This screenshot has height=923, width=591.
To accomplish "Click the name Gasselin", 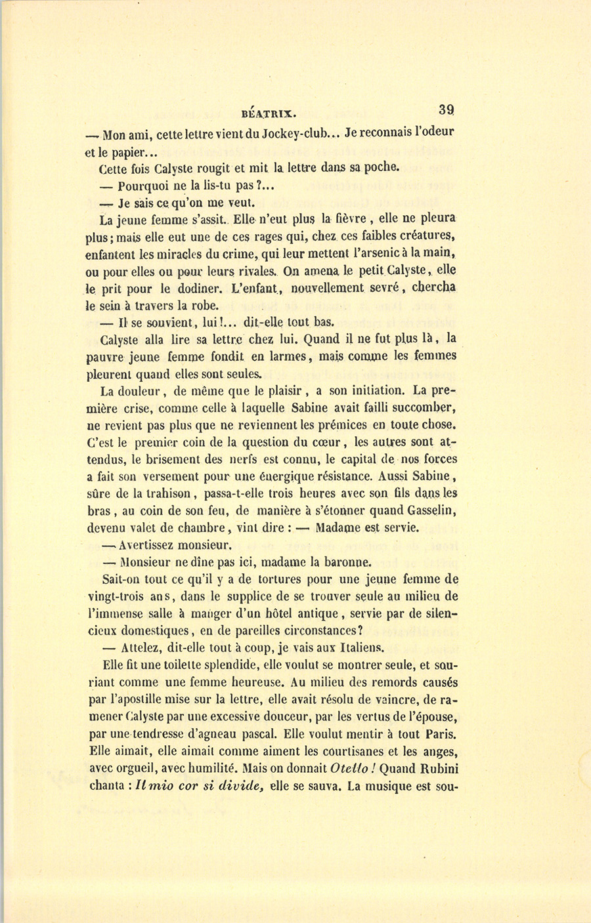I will [427, 510].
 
